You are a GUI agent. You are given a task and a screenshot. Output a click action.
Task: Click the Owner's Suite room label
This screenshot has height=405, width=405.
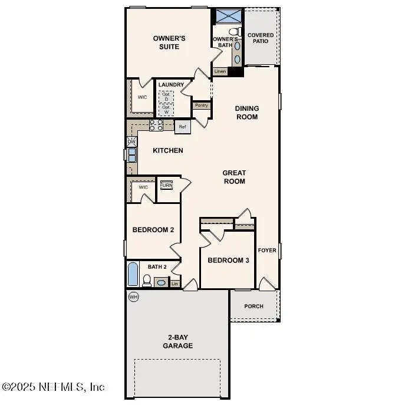pyautogui.click(x=169, y=42)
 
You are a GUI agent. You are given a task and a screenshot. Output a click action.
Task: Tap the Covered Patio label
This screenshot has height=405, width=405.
pyautogui.click(x=260, y=38)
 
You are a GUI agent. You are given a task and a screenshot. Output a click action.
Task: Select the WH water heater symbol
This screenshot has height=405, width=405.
pyautogui.click(x=133, y=297)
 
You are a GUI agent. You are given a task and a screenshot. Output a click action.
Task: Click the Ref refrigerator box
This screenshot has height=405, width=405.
pyautogui.click(x=182, y=127)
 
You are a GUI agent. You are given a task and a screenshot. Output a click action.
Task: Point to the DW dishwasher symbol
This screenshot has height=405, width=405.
pyautogui.click(x=131, y=142)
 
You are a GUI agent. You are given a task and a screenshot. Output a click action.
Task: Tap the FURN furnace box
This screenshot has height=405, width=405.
pyautogui.click(x=167, y=185)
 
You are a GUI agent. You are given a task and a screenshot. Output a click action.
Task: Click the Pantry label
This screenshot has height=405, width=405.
pyautogui.click(x=202, y=106)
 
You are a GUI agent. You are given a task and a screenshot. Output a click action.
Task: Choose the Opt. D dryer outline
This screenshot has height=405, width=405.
pyautogui.click(x=166, y=96)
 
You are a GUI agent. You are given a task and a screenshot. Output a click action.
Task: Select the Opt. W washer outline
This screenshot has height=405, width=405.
pyautogui.click(x=166, y=110)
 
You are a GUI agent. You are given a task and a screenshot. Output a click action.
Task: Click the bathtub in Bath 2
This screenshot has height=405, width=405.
pyautogui.click(x=133, y=275)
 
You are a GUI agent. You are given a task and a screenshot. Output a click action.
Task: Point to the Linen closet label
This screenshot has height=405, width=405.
pyautogui.click(x=220, y=71)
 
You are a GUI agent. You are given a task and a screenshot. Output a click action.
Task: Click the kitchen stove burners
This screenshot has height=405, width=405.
pyautogui.click(x=156, y=125)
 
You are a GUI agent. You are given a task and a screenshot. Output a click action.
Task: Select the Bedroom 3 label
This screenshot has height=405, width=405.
pyautogui.click(x=228, y=260)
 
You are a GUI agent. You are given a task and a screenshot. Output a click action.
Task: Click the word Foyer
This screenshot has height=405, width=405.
pyautogui.click(x=267, y=251)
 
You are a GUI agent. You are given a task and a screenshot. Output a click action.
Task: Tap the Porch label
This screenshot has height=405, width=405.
pyautogui.click(x=254, y=306)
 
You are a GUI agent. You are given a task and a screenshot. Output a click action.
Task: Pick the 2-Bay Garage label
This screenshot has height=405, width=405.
pyautogui.click(x=177, y=342)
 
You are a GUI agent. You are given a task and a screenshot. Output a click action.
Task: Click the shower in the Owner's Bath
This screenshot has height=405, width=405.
pyautogui.click(x=228, y=16)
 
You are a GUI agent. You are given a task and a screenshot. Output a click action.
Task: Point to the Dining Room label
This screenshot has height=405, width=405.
pyautogui.click(x=247, y=113)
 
